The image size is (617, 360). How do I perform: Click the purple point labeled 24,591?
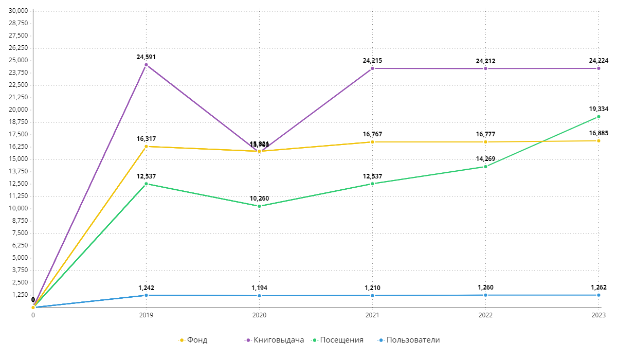(146, 65)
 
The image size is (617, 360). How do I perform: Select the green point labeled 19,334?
(598, 117)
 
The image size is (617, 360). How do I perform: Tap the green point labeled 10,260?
(259, 206)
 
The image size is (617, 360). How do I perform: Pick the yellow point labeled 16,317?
(146, 147)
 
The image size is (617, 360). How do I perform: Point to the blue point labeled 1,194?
(259, 296)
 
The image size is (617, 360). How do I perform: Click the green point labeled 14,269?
(485, 167)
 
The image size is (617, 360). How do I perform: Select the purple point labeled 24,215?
(372, 68)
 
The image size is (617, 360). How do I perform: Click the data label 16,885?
(598, 133)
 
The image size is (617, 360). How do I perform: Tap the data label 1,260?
(485, 287)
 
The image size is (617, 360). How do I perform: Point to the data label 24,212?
(485, 61)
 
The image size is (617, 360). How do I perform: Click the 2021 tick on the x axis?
(372, 315)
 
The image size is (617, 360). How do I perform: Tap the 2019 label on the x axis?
(146, 315)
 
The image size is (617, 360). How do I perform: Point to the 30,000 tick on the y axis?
(19, 11)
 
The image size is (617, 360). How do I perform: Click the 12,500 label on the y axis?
(19, 184)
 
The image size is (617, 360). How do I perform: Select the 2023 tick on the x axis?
(598, 315)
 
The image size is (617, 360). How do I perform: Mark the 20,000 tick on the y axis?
(19, 110)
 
